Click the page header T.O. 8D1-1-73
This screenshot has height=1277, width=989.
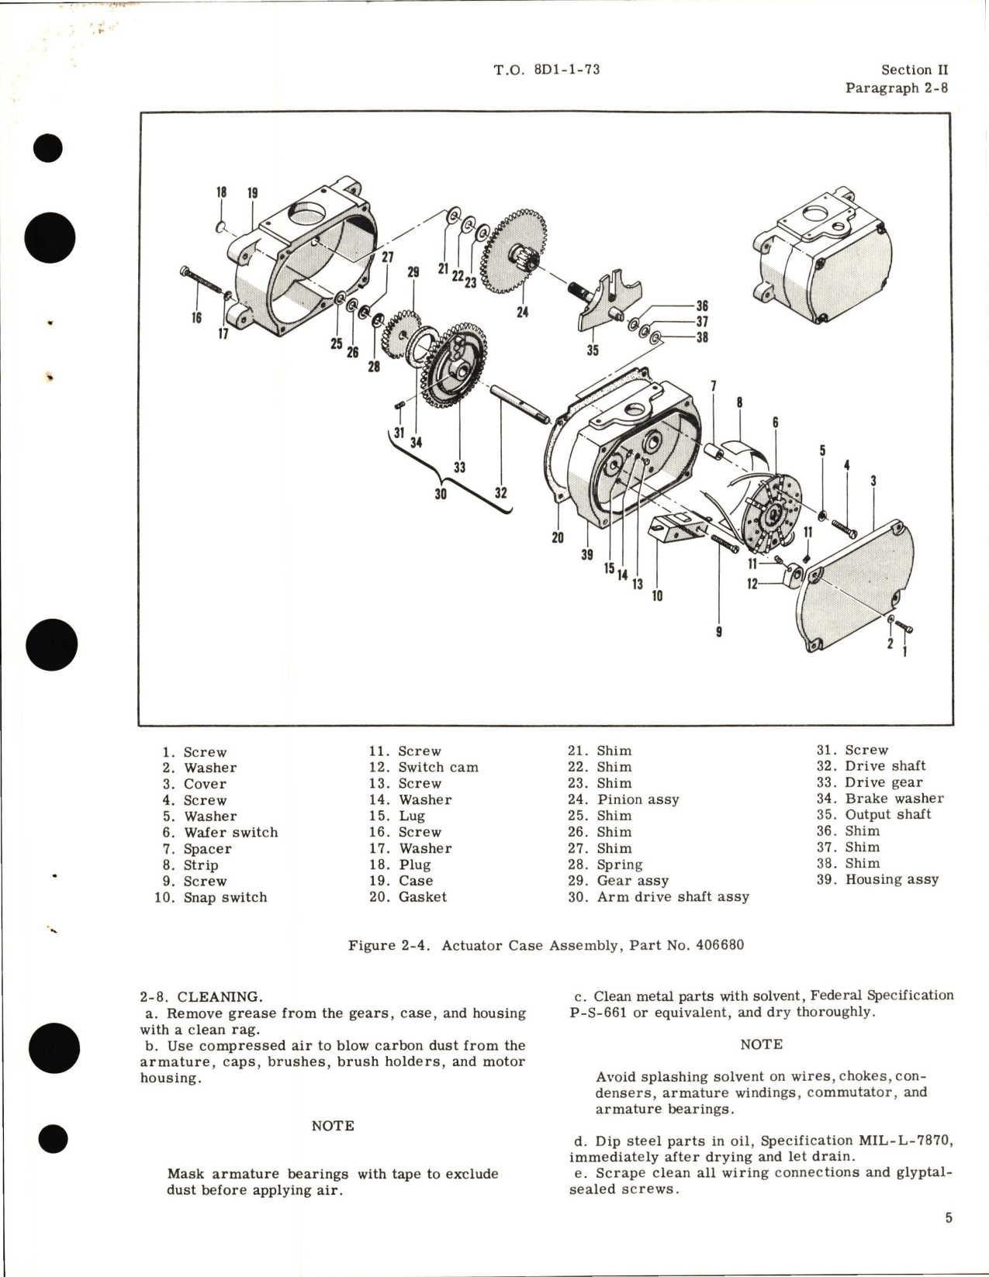tap(546, 70)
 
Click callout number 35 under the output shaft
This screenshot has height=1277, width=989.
tap(593, 350)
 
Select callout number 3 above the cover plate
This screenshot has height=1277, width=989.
tap(873, 481)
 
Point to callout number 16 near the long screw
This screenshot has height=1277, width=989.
tap(196, 317)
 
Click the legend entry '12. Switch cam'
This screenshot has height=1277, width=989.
tap(424, 768)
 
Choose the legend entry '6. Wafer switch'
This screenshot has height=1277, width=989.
tap(220, 833)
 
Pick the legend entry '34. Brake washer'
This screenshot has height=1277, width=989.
tap(880, 799)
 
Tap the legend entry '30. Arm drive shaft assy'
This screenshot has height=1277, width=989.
tap(658, 897)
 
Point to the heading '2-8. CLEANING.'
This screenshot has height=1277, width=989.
tap(201, 997)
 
